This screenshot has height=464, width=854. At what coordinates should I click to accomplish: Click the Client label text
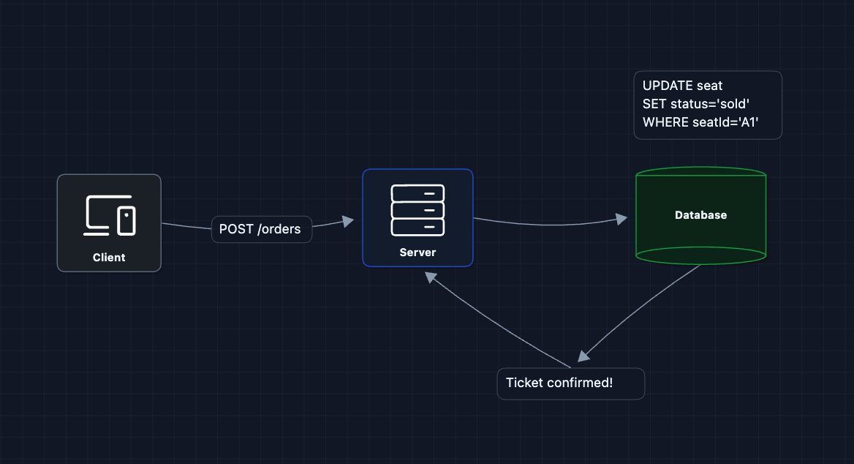tap(109, 258)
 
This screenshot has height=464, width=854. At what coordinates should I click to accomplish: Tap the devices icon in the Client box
tap(109, 215)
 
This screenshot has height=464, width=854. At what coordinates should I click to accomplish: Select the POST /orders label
tap(260, 229)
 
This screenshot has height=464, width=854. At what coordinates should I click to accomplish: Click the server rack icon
tap(417, 209)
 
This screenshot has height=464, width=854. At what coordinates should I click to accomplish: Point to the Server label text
tap(417, 252)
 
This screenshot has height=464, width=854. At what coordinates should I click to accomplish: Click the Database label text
tap(700, 215)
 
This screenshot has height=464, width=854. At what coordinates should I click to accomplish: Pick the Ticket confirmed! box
tap(570, 383)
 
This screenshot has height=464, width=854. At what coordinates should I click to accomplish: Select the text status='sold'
tap(710, 104)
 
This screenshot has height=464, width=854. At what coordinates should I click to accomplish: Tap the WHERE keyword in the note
tap(665, 122)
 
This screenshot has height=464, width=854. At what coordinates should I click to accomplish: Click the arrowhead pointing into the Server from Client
tap(348, 220)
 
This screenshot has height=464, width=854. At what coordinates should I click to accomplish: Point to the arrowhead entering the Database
tap(621, 219)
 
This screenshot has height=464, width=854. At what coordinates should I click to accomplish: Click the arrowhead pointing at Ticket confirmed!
tap(583, 356)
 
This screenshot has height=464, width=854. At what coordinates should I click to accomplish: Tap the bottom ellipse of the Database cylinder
tap(700, 255)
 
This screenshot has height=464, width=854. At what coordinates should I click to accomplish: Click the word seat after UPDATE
tap(709, 86)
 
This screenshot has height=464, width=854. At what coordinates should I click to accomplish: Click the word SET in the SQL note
tap(654, 104)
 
